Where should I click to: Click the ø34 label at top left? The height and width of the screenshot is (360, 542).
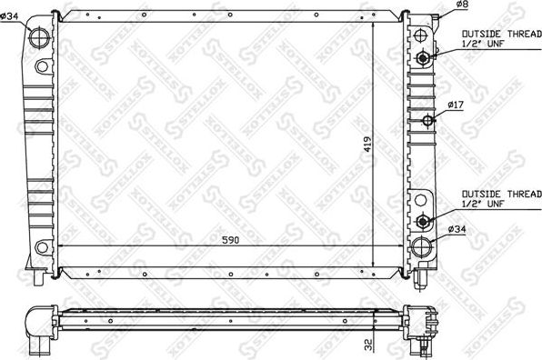click(x=11, y=15)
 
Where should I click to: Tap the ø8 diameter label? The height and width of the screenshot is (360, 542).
click(x=462, y=6)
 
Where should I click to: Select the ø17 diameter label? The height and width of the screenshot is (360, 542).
click(x=457, y=106)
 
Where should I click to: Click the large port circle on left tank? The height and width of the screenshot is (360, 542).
click(x=40, y=39)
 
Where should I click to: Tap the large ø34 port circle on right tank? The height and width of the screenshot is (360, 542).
click(x=421, y=247)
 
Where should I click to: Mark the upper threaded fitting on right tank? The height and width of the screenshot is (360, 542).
click(x=422, y=58)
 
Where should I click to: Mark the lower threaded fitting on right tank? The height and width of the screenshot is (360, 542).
click(x=422, y=222)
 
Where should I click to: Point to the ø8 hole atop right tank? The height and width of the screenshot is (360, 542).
click(x=420, y=34)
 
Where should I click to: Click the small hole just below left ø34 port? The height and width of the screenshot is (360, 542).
click(x=40, y=65)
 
